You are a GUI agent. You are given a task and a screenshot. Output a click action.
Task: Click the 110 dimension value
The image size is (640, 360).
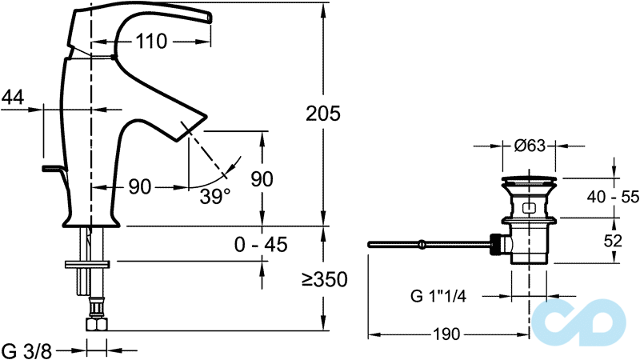tap(151, 42)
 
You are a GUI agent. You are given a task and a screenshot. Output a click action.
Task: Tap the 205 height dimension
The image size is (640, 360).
tap(323, 113)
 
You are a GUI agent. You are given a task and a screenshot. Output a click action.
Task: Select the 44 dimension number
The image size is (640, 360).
tap(13, 97)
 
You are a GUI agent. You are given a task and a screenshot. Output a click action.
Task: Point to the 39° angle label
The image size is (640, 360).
tap(215, 197)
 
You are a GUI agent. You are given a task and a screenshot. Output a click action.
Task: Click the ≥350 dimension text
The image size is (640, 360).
tap(325, 279)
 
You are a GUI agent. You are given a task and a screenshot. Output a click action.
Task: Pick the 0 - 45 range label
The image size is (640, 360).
tap(261, 245)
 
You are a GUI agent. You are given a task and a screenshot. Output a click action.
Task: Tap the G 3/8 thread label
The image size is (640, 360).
tap(27, 351)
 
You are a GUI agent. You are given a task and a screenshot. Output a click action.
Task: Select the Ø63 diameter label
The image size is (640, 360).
tap(530, 146)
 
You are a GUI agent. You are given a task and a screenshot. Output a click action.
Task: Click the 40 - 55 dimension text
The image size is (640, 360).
tap(613, 197)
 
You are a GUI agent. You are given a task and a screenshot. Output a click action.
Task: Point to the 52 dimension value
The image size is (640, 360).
tap(613, 241)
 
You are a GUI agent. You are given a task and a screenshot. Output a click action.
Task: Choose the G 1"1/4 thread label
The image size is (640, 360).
tap(438, 296)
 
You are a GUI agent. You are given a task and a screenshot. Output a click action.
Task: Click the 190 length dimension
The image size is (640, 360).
tap(446, 334)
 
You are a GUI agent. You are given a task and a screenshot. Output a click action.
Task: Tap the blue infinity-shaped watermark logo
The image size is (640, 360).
tap(578, 322)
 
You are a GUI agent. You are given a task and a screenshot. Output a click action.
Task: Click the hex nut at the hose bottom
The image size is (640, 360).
tap(96, 325)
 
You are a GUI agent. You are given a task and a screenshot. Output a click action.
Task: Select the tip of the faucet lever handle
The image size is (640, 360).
tap(209, 18)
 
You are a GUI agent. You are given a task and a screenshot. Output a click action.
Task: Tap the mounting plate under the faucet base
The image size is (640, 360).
tap(87, 265)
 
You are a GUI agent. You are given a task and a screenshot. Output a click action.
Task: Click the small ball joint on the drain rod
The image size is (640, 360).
tap(422, 245)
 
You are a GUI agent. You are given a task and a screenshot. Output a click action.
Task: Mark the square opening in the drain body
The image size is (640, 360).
tap(530, 208)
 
